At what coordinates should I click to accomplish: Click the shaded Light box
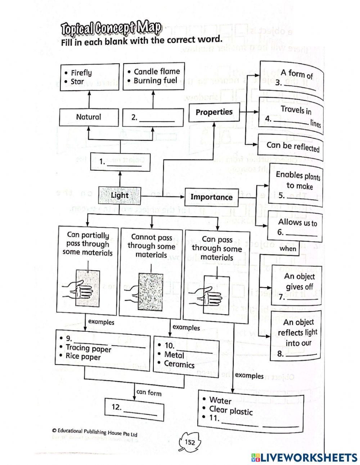pos(119,196)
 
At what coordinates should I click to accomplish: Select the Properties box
pos(214,112)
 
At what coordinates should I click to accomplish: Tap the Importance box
pos(211,197)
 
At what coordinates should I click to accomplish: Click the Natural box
pos(89,117)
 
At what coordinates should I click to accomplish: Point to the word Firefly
pos(81,73)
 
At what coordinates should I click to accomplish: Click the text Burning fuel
pos(156,80)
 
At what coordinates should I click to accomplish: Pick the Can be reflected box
pos(293,146)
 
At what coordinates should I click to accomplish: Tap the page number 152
pos(190,442)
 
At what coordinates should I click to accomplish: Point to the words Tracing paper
pos(89,348)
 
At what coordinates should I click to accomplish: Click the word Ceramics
pos(179,364)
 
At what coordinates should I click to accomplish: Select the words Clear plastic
pos(231,410)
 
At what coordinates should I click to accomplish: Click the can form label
pos(149,393)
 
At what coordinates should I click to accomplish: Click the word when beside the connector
pos(288,249)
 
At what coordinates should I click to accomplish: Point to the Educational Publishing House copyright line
pos(95,432)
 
